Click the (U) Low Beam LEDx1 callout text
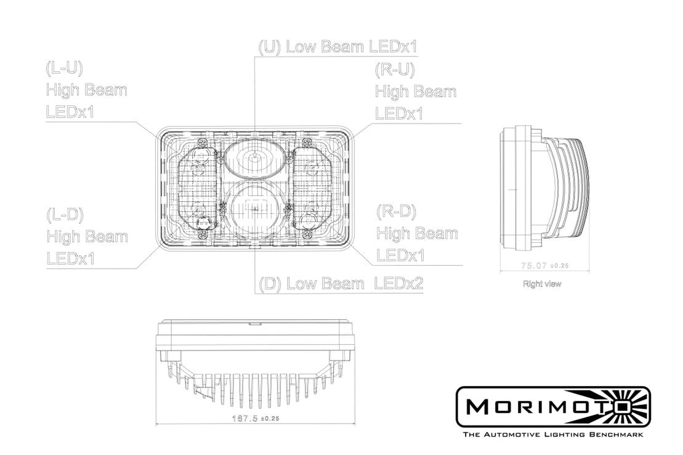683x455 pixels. pyautogui.click(x=338, y=47)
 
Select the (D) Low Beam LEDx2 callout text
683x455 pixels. pyautogui.click(x=341, y=284)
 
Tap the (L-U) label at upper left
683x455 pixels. pyautogui.click(x=64, y=68)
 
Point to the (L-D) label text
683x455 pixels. pyautogui.click(x=65, y=215)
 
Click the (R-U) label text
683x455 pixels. pyautogui.click(x=394, y=69)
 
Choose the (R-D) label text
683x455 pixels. pyautogui.click(x=395, y=212)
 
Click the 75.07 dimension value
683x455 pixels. pyautogui.click(x=534, y=266)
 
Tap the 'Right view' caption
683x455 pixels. pyautogui.click(x=541, y=284)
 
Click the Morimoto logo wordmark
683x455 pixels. pyautogui.click(x=542, y=407)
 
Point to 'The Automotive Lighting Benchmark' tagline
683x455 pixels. pyautogui.click(x=552, y=435)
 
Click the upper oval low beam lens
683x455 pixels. pyautogui.click(x=254, y=158)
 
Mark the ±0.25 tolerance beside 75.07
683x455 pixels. pyautogui.click(x=560, y=266)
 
